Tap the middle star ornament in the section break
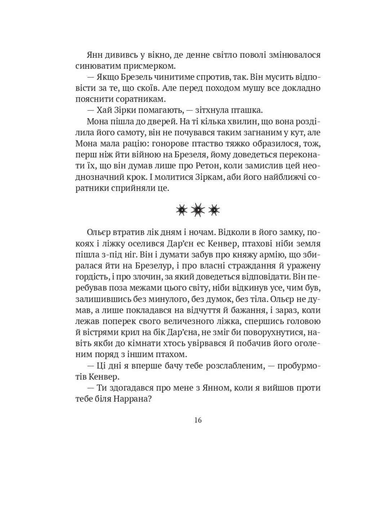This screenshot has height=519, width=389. [198, 209]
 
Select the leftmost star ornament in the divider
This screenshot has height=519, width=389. [182, 209]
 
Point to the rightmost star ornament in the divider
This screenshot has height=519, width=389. [214, 209]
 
